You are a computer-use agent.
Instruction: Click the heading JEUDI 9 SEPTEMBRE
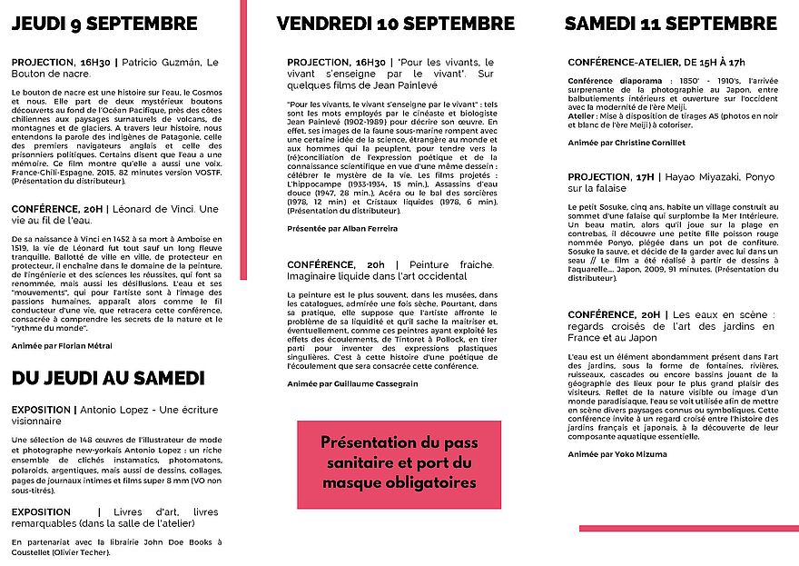click(x=105, y=23)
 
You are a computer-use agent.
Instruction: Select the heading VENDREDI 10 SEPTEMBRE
click(x=395, y=23)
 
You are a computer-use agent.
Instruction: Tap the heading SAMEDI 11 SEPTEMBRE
click(x=670, y=23)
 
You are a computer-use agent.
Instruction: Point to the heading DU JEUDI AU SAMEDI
click(x=108, y=378)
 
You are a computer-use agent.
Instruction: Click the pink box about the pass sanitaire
click(x=399, y=462)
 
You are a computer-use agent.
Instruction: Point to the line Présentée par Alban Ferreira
click(x=342, y=228)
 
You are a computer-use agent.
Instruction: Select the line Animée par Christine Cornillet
click(x=626, y=143)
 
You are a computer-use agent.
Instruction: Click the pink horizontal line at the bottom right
click(x=688, y=528)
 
